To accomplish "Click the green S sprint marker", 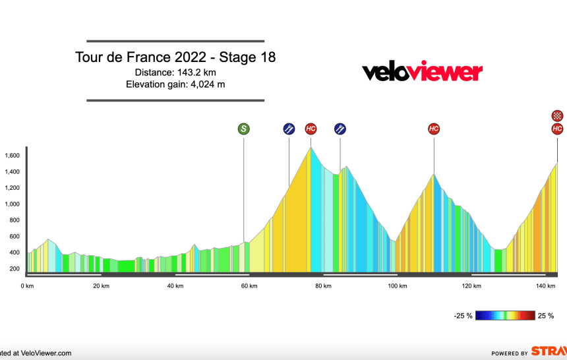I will [x=243, y=129].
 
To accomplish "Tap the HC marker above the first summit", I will [x=311, y=129].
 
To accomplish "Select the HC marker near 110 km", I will [x=434, y=129].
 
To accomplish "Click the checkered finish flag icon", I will [x=557, y=116].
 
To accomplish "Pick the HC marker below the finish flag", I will [x=557, y=129].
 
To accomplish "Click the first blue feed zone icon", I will [x=288, y=129].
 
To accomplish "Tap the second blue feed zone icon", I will [x=340, y=129].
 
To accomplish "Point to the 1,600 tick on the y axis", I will [x=11, y=156].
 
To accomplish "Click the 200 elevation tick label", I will [x=14, y=268].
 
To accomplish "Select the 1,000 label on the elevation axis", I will [x=11, y=204].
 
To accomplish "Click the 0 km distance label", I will [x=27, y=285].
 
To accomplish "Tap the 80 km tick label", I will [x=323, y=285].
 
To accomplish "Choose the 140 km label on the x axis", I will [x=545, y=285].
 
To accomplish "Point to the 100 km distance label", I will [x=397, y=285].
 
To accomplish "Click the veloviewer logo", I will [x=423, y=71].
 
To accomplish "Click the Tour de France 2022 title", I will [x=175, y=57].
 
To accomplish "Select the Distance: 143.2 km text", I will [x=175, y=72].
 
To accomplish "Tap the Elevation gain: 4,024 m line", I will [x=175, y=84].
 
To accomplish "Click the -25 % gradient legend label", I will [x=463, y=316].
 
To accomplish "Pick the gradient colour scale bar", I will [x=506, y=316].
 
